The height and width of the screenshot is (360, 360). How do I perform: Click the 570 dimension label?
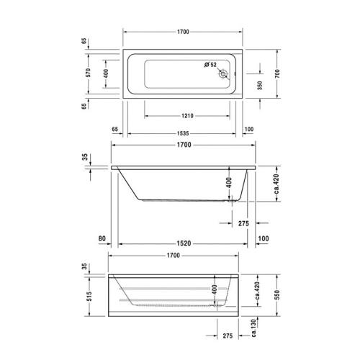click(x=89, y=73)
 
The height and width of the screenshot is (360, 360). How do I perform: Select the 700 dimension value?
click(x=277, y=73)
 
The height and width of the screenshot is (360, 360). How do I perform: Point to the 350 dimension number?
click(x=260, y=86)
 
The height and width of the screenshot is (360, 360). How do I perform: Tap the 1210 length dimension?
click(x=187, y=116)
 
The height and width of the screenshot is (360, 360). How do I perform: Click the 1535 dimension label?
click(x=183, y=133)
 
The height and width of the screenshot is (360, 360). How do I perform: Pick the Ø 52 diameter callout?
click(x=210, y=65)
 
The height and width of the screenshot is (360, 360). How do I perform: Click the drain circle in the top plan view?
click(x=223, y=74)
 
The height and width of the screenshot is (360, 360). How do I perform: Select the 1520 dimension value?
click(x=184, y=243)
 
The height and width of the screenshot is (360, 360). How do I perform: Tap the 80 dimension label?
click(x=102, y=238)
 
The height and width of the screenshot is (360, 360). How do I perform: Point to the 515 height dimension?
click(x=89, y=296)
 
